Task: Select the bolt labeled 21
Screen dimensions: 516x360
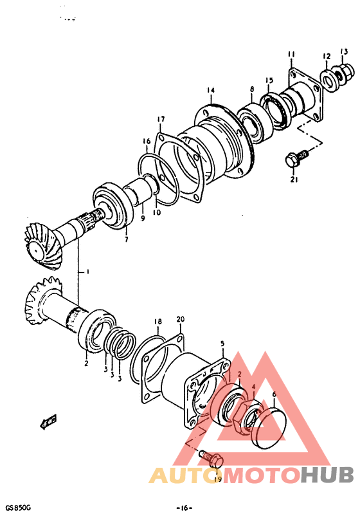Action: [x=294, y=158]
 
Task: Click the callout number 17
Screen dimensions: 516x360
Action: [x=161, y=119]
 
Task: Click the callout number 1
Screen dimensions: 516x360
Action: [x=87, y=272]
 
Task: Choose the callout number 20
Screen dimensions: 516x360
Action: [x=180, y=320]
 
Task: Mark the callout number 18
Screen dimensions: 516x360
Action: [x=157, y=320]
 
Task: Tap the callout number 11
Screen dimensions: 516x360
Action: [x=291, y=54]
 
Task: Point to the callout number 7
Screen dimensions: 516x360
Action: [x=126, y=239]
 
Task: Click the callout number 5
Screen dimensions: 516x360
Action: [x=222, y=345]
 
